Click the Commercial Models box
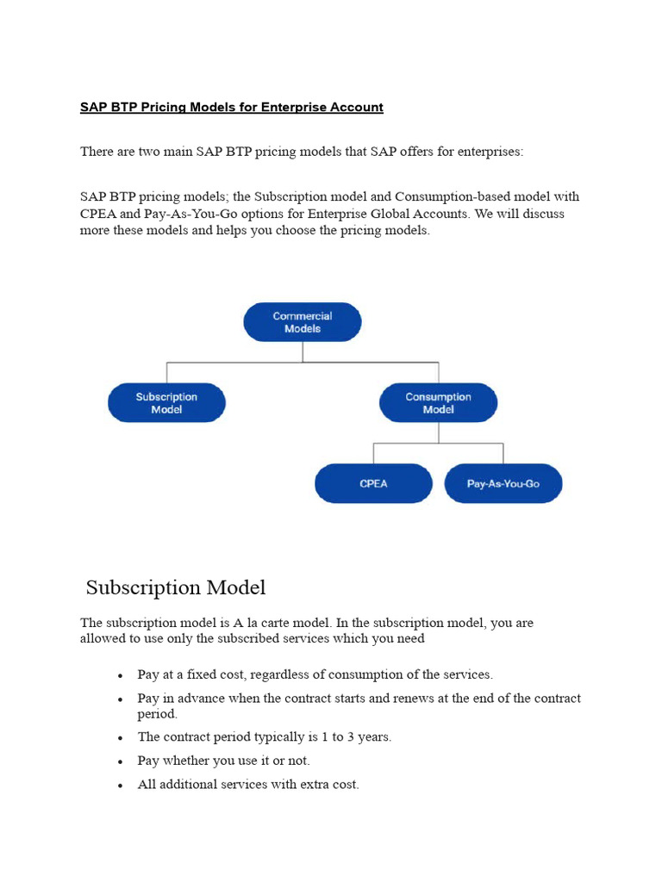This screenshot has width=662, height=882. pyautogui.click(x=303, y=322)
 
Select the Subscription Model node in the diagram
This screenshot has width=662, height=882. pyautogui.click(x=166, y=403)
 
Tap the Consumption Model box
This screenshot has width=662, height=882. pyautogui.click(x=438, y=403)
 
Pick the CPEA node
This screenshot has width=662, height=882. pyautogui.click(x=373, y=484)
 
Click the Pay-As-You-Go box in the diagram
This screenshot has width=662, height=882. pyautogui.click(x=503, y=484)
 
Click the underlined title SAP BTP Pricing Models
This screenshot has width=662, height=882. pyautogui.click(x=231, y=108)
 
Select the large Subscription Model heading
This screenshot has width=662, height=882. pyautogui.click(x=176, y=587)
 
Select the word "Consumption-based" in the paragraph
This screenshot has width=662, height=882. pyautogui.click(x=447, y=196)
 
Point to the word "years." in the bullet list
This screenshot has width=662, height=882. pyautogui.click(x=373, y=737)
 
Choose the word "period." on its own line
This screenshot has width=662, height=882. pyautogui.click(x=157, y=714)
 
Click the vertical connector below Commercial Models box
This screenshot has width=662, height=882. pyautogui.click(x=303, y=351)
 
